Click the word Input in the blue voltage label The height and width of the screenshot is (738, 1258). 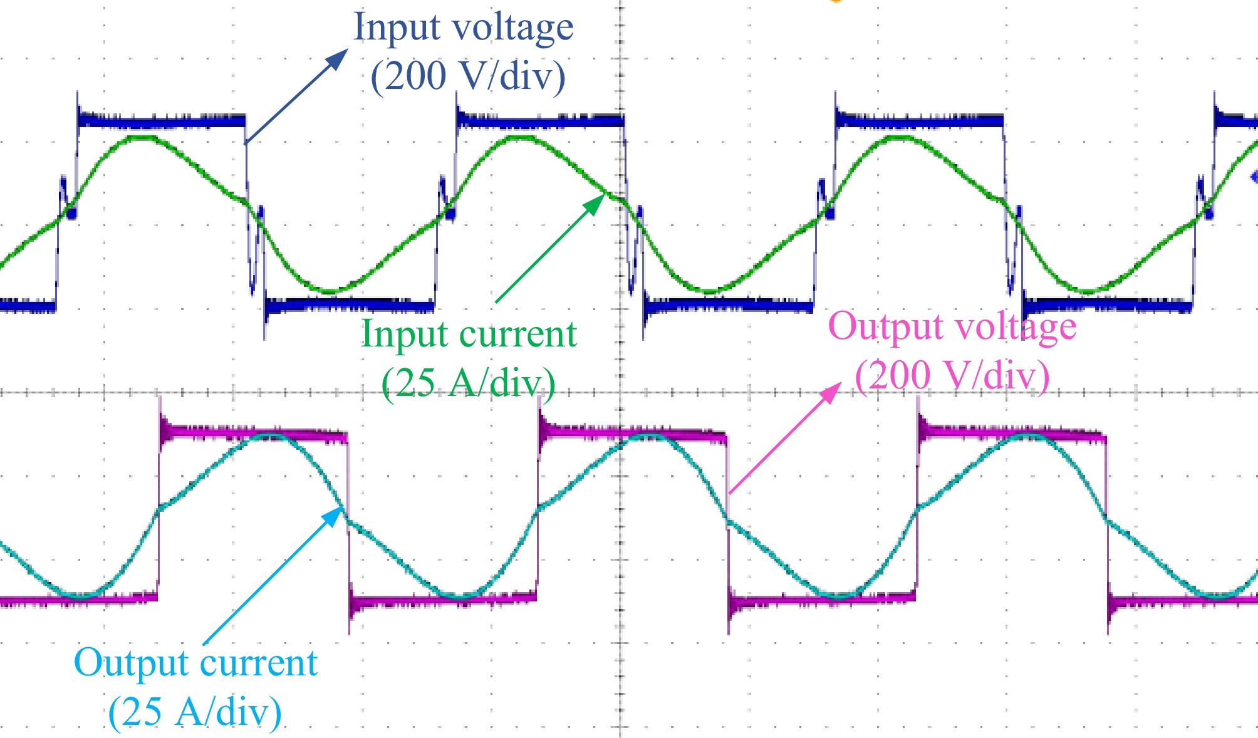tap(397, 28)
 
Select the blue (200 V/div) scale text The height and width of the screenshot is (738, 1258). tap(468, 76)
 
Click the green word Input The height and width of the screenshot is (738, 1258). tap(404, 334)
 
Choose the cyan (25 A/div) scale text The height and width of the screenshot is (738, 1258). tap(195, 712)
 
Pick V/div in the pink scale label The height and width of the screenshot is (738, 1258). tap(990, 375)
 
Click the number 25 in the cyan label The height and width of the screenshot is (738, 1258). tap(142, 712)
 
